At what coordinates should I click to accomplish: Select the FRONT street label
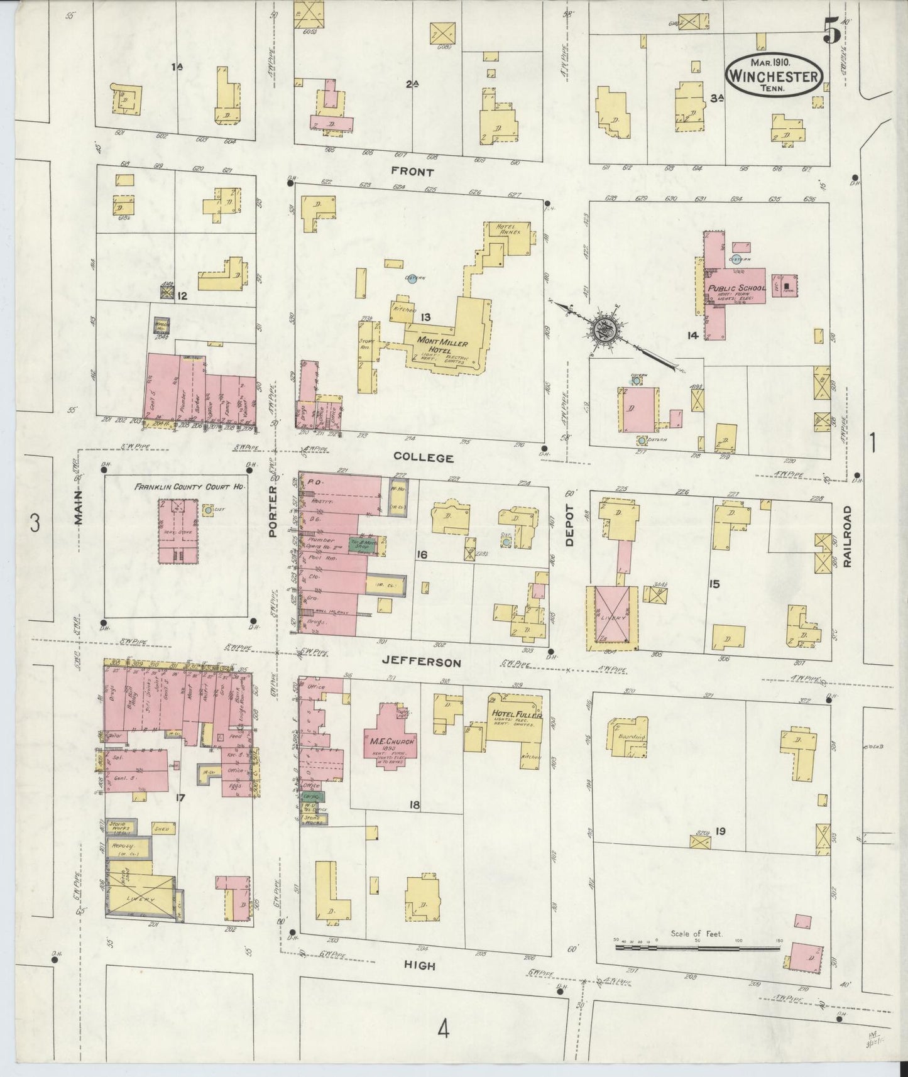(x=412, y=171)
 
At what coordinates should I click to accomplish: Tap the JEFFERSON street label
(x=430, y=663)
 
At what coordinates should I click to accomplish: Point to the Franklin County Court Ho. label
(x=189, y=486)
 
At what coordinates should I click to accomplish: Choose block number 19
(x=720, y=831)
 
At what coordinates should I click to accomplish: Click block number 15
(x=714, y=584)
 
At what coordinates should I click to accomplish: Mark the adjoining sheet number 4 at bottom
(x=444, y=1030)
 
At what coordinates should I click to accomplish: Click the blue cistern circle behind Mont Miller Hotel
(x=411, y=280)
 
